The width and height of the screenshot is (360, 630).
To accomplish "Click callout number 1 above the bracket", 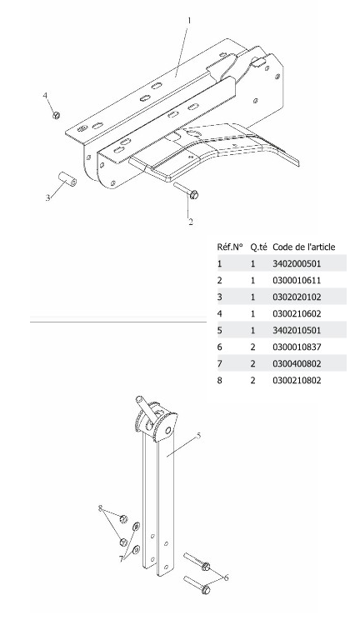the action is tap(190, 20).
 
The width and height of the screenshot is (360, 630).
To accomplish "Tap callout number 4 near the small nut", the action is tap(45, 95).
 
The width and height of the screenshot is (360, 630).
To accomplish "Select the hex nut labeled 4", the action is tap(57, 115).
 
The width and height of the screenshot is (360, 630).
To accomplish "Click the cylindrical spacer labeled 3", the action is tap(67, 179).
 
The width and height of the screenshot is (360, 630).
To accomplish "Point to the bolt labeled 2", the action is tap(186, 190).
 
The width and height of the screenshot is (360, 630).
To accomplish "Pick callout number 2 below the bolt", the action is tap(191, 222).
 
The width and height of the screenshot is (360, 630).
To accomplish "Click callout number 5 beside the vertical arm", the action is tap(198, 436).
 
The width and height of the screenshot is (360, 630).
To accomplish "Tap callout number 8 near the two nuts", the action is tap(101, 508).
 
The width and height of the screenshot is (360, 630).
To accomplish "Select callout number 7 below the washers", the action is tap(121, 559).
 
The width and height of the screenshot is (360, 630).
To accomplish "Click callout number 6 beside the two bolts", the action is tap(226, 577).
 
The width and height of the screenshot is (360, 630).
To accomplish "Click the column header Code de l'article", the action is tap(303, 247).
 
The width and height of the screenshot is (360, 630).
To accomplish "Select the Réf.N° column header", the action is tap(230, 247).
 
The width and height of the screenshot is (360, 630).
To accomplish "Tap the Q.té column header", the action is tap(258, 247).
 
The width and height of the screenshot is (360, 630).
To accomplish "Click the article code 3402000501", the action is tap(297, 264).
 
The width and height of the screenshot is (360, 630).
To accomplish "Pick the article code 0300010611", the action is tap(297, 281).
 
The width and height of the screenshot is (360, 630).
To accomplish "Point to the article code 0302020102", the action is tap(297, 297).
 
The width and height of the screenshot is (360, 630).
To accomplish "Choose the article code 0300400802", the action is tap(297, 363).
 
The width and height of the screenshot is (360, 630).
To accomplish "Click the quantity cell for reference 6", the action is tap(252, 347).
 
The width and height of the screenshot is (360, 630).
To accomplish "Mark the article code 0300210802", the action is tap(297, 381).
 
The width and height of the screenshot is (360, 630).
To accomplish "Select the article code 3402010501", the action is tap(297, 330).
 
